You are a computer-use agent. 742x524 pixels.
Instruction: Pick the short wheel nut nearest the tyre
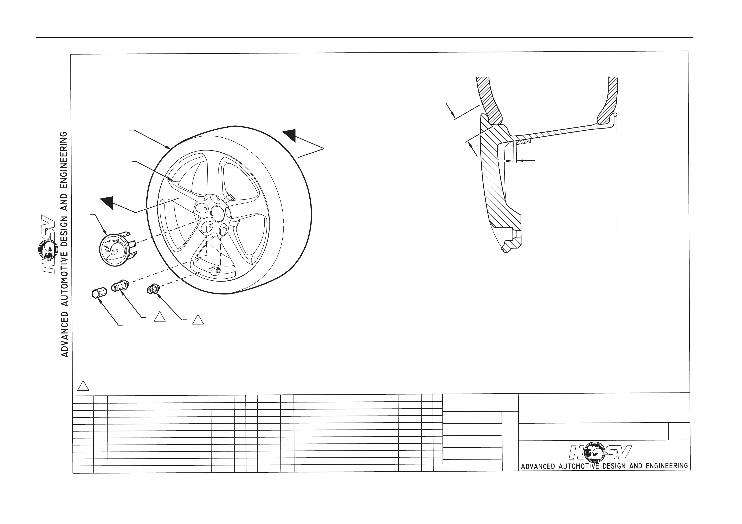pos(153,288)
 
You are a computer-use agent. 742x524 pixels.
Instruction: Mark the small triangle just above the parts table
pos(83,386)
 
